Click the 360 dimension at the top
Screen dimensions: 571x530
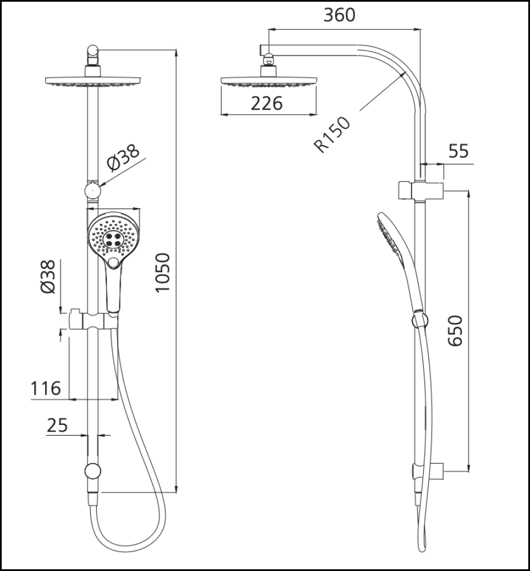(x=339, y=15)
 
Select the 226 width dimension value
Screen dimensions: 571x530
(x=268, y=103)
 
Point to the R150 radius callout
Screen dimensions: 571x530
(x=333, y=134)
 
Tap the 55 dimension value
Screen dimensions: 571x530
(x=459, y=151)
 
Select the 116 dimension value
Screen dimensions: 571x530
(x=46, y=389)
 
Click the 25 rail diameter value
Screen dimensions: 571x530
(x=57, y=425)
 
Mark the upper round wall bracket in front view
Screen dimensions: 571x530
(x=93, y=190)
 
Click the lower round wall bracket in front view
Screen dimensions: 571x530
(x=92, y=472)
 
